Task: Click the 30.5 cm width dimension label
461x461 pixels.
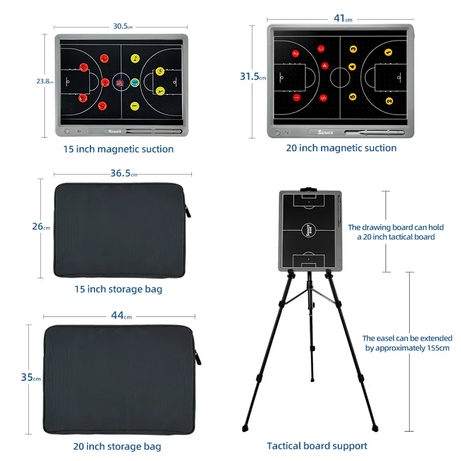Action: (122, 27)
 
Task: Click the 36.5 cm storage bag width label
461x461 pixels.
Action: (123, 173)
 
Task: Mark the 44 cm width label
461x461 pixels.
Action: (120, 316)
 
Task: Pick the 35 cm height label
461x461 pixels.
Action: (30, 377)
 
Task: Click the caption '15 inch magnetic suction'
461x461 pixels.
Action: (118, 149)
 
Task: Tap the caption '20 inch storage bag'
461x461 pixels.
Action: (117, 446)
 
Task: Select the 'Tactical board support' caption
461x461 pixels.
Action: (317, 445)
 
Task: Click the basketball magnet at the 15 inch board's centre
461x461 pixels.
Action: (120, 83)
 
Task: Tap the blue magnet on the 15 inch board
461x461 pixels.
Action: (134, 82)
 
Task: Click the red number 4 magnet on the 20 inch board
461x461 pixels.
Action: (324, 66)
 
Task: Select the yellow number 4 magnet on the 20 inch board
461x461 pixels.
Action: (353, 65)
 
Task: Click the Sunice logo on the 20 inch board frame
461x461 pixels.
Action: (325, 132)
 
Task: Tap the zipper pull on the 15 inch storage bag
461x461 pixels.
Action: (188, 210)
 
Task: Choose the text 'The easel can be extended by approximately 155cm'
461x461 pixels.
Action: (407, 343)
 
